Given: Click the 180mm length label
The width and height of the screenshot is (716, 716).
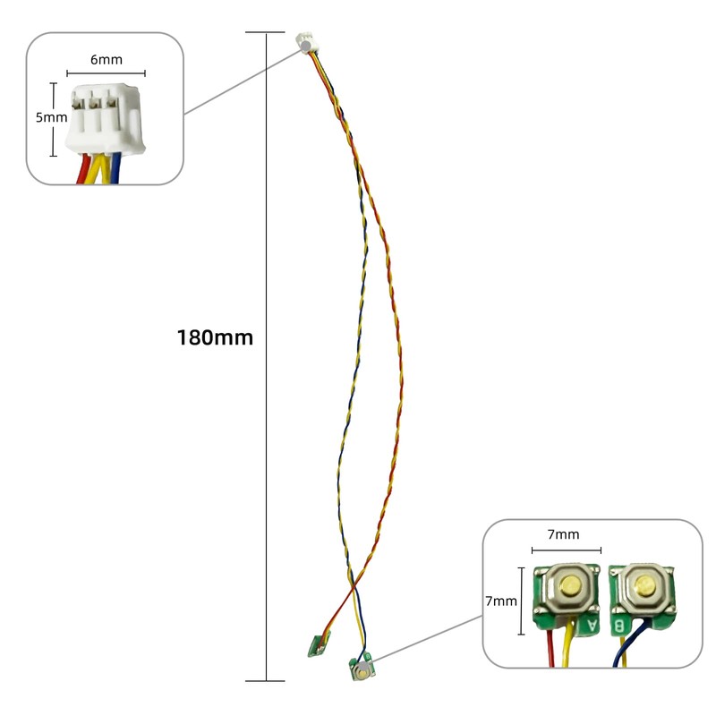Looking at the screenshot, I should coord(215,338).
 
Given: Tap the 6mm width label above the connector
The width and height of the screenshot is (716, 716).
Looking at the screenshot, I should coord(106,60).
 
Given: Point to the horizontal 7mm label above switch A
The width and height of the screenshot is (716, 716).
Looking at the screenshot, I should coord(562,534).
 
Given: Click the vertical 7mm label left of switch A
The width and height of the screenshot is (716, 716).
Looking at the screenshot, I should coord(501,601).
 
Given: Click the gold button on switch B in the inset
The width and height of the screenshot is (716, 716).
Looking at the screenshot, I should coord(643,587).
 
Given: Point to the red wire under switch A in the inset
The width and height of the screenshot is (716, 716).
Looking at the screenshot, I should coord(549,648).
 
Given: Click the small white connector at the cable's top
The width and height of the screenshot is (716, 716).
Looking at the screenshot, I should coord(304,41).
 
